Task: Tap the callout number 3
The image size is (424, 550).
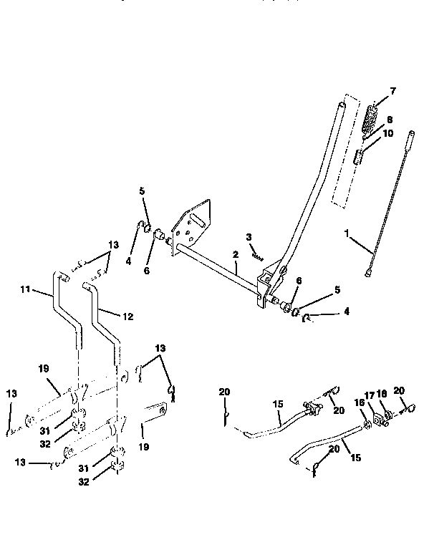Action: [x=248, y=236]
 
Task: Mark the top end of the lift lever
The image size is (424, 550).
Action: [x=343, y=106]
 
